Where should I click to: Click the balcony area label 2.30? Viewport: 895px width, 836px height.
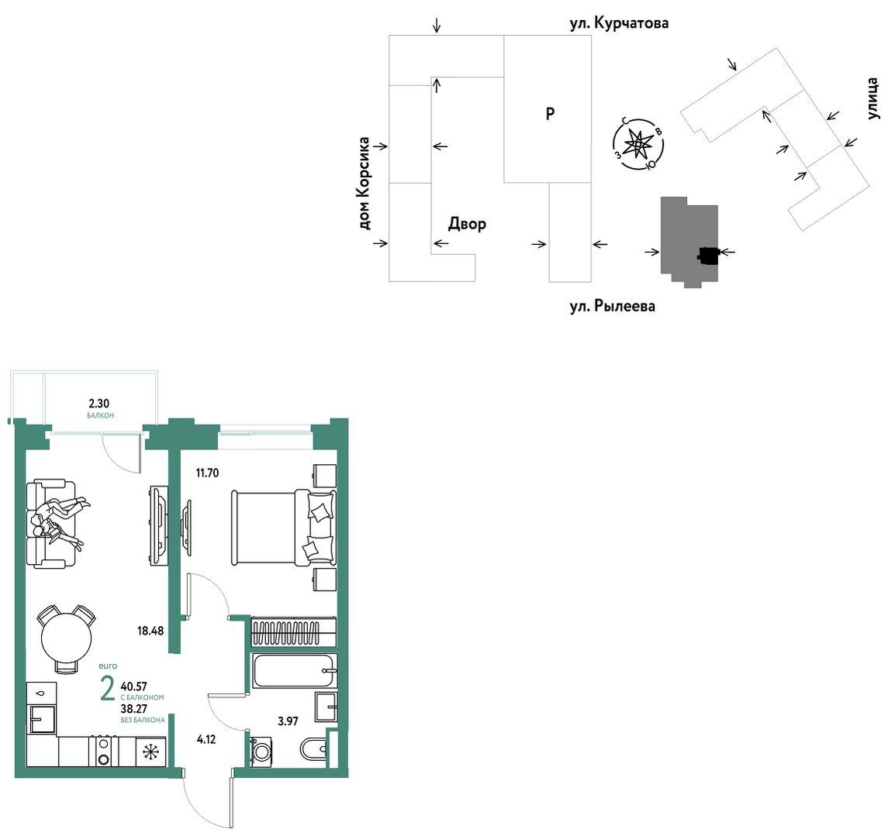98,404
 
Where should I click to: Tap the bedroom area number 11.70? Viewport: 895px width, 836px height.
207,473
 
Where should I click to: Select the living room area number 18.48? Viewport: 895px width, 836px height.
150,631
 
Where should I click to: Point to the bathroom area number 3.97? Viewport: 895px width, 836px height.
288,721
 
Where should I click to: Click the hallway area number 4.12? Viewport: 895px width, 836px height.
206,740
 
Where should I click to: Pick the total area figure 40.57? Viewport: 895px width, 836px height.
134,687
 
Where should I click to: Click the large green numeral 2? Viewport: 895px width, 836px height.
107,689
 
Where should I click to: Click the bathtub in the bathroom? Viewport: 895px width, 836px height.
295,671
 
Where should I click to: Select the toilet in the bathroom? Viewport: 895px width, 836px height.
313,748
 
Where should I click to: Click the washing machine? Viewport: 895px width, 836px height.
261,752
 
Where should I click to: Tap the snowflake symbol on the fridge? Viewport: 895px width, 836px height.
150,752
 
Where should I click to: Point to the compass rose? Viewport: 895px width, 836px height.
638,144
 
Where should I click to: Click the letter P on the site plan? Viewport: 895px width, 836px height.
550,114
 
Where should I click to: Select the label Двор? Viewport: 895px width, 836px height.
467,224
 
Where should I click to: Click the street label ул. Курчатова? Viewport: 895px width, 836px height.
619,23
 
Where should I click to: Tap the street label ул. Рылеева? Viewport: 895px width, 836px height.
612,306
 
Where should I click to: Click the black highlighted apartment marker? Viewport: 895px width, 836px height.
708,256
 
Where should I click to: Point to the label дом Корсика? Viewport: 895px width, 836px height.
365,184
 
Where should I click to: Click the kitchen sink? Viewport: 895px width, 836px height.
42,719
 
